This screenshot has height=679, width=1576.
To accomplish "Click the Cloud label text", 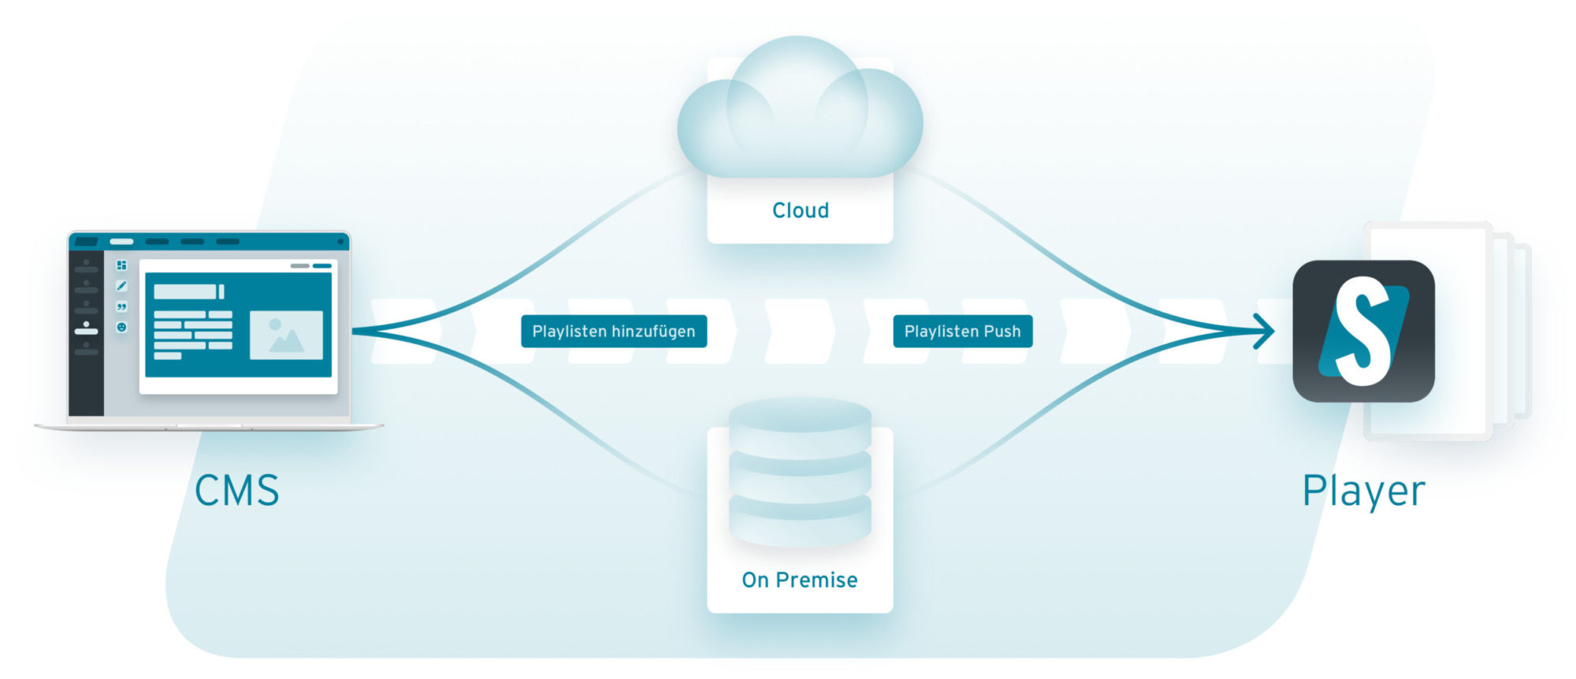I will click(x=800, y=210).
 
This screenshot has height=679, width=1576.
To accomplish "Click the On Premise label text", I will click(x=799, y=580).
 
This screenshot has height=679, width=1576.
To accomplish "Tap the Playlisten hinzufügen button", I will click(x=614, y=332).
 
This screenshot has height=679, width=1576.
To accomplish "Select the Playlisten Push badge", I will click(x=962, y=332).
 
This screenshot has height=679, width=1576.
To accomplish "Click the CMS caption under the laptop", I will click(x=236, y=490).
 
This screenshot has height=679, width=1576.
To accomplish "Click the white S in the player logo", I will click(x=1362, y=331).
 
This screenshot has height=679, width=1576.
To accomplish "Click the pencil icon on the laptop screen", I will click(x=121, y=286).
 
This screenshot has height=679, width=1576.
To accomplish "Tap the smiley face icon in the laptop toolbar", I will click(x=121, y=327).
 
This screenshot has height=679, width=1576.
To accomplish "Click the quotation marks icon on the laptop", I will click(x=121, y=306).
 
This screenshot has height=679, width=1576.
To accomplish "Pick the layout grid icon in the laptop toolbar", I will click(x=121, y=265).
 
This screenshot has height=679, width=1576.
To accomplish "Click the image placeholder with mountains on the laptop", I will click(x=286, y=335).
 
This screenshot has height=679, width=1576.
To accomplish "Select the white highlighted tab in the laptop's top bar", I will click(x=121, y=242).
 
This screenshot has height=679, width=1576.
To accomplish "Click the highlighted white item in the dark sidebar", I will click(x=86, y=331).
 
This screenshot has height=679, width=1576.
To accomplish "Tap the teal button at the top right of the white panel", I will click(x=322, y=266).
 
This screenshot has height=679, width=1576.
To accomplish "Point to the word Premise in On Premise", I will click(x=816, y=580).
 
